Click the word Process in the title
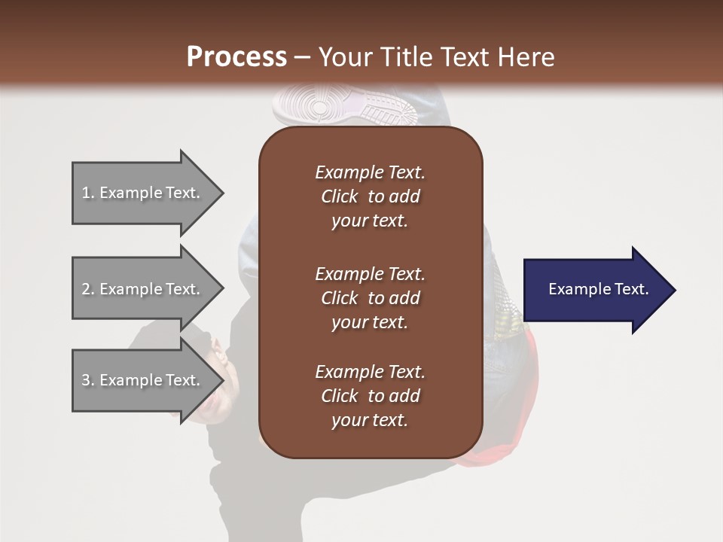click(236, 57)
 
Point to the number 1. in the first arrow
click(88, 193)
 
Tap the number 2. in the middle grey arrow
click(88, 289)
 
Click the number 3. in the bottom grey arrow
click(88, 380)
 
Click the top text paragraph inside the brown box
click(370, 196)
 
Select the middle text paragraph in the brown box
click(370, 298)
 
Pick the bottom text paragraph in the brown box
click(370, 396)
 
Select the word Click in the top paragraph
click(340, 197)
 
